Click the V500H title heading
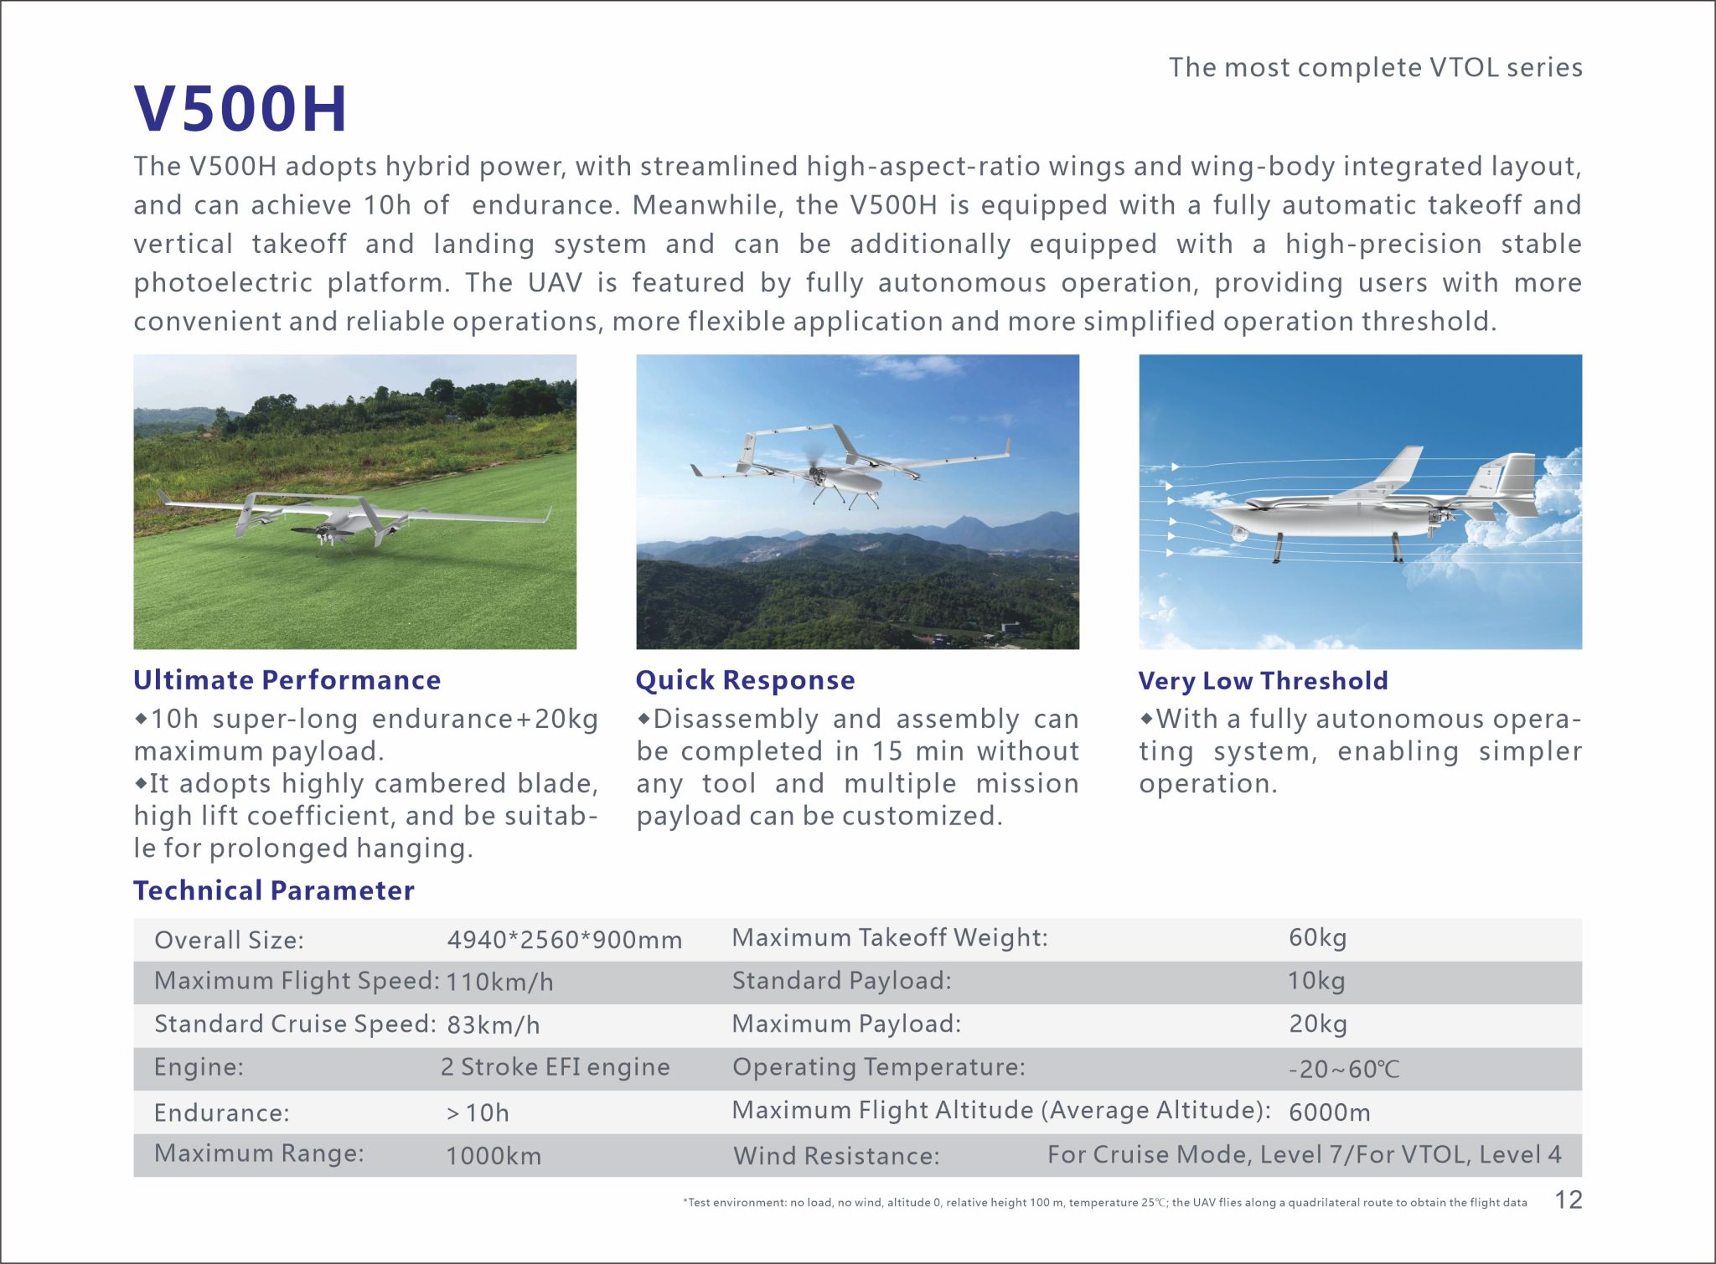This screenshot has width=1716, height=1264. pos(240,109)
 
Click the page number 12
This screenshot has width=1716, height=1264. pos(1569,1200)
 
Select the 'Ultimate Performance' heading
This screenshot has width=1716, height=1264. pos(287,680)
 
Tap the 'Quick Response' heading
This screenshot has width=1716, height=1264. pos(745,680)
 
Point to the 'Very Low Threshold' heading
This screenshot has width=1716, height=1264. pos(1263,681)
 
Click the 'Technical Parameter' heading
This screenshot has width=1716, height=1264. pos(273,890)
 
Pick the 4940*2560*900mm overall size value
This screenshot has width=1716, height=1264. pos(564,940)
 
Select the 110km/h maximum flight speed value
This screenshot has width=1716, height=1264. pos(499,982)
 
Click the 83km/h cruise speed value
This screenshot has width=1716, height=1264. pos(494,1024)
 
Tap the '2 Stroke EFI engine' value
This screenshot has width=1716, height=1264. pos(555,1067)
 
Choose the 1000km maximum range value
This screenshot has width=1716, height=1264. pos(494,1156)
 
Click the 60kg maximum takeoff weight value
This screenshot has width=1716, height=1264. pos(1317,937)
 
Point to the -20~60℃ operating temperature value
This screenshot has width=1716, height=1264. pos(1344,1070)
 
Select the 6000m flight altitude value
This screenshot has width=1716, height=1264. pos(1329,1112)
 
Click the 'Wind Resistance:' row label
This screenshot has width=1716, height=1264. pos(836,1156)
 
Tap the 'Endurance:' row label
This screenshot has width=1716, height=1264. pos(221,1112)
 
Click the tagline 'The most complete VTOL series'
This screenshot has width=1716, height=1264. pos(1375,68)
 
